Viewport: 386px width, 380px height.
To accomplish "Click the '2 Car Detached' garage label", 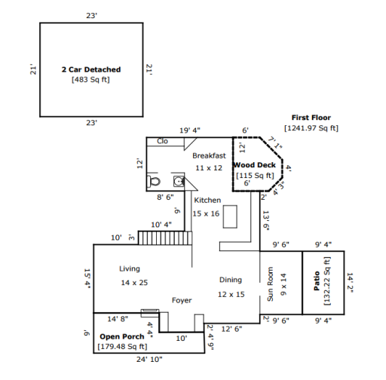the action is pos(91,69).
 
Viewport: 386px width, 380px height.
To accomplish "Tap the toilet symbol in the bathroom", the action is pos(154,181).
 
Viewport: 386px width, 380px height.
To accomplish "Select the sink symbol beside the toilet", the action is pos(179,181).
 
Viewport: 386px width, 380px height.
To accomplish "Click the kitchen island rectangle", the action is pos(230,216).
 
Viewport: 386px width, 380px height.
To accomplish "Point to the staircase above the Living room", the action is pos(165,237).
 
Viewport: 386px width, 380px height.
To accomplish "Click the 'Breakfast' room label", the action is pos(209,156).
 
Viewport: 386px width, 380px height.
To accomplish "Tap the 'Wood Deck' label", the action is pos(255,165).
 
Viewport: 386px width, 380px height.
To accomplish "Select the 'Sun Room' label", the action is pos(270,283).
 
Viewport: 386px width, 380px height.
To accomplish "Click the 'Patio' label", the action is pos(317,280).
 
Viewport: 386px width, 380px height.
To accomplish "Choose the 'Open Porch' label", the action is pos(122,336).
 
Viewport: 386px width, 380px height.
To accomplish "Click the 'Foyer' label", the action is pos(182,300).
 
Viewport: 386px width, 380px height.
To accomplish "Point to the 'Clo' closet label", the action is pos(162,141).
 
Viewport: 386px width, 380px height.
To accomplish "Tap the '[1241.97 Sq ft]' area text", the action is pos(311,128).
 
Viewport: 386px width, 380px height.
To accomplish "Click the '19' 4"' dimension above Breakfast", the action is pos(190,130).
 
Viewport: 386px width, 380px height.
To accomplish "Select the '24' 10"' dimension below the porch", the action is pos(149,360).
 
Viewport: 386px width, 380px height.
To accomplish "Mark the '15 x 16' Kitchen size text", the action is pos(206,213).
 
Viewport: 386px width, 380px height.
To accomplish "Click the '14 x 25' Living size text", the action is pos(134,283).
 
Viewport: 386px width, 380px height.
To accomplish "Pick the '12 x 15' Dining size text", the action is pos(231,294).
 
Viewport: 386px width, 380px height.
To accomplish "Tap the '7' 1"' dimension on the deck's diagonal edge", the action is pos(274,142).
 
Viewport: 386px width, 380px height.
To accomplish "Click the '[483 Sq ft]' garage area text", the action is pos(90,80).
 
